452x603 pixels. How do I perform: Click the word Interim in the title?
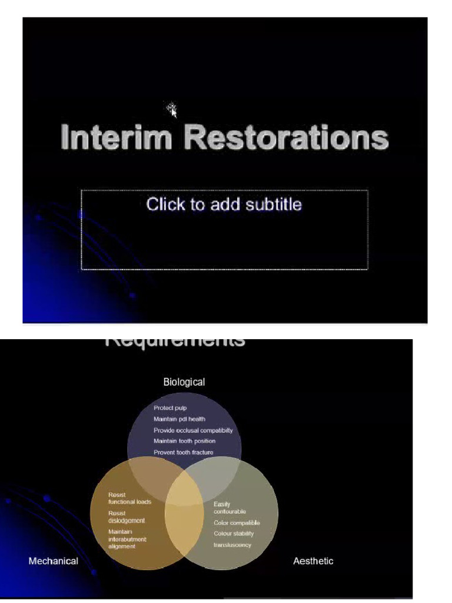coord(117,137)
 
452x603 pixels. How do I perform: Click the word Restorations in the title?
coord(286,137)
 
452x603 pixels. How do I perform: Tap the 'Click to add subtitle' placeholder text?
coord(224,204)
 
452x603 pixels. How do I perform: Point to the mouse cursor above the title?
coord(172,110)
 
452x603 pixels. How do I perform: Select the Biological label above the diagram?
coord(184,382)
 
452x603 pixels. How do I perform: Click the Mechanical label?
coord(53,561)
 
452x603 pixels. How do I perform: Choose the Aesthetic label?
coord(313,561)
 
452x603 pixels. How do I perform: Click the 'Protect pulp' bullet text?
coord(170,408)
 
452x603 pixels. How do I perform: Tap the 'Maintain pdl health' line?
coord(180,419)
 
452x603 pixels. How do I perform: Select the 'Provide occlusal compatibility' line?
coord(193,430)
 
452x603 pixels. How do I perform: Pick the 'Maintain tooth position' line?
coord(184,441)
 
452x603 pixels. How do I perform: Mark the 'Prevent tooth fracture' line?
coord(183,452)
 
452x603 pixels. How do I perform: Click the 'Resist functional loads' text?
coord(129,498)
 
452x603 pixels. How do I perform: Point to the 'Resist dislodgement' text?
coord(126,517)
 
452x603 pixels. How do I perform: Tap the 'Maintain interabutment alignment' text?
coord(127,539)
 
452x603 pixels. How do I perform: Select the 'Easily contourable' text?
coord(230,508)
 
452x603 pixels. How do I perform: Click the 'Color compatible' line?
coord(237,523)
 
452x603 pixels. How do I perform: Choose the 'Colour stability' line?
coord(234,534)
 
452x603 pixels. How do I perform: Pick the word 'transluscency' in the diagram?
coord(232,545)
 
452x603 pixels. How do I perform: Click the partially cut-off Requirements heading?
coord(175,342)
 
